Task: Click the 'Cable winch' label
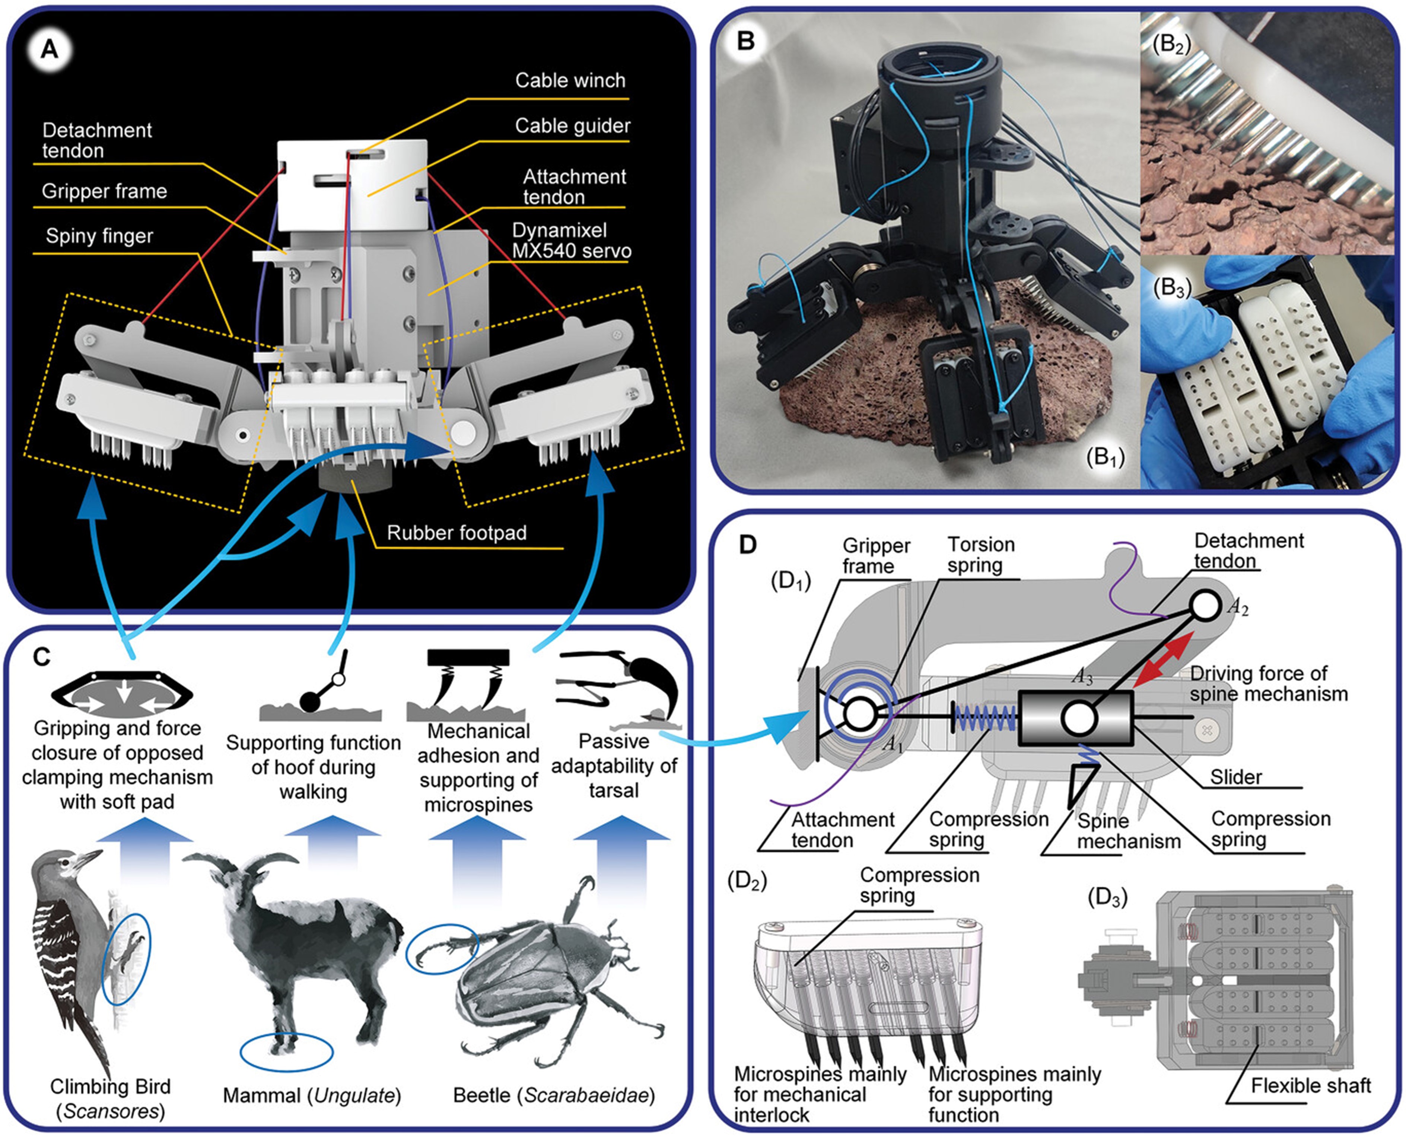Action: click(x=570, y=81)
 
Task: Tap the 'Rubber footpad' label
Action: click(x=457, y=533)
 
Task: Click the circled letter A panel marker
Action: click(x=50, y=49)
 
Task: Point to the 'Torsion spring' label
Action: click(x=980, y=555)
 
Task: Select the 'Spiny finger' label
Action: click(x=99, y=236)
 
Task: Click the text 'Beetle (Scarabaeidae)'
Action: click(x=554, y=1095)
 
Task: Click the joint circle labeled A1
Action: click(x=859, y=714)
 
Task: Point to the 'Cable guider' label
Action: click(x=572, y=126)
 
